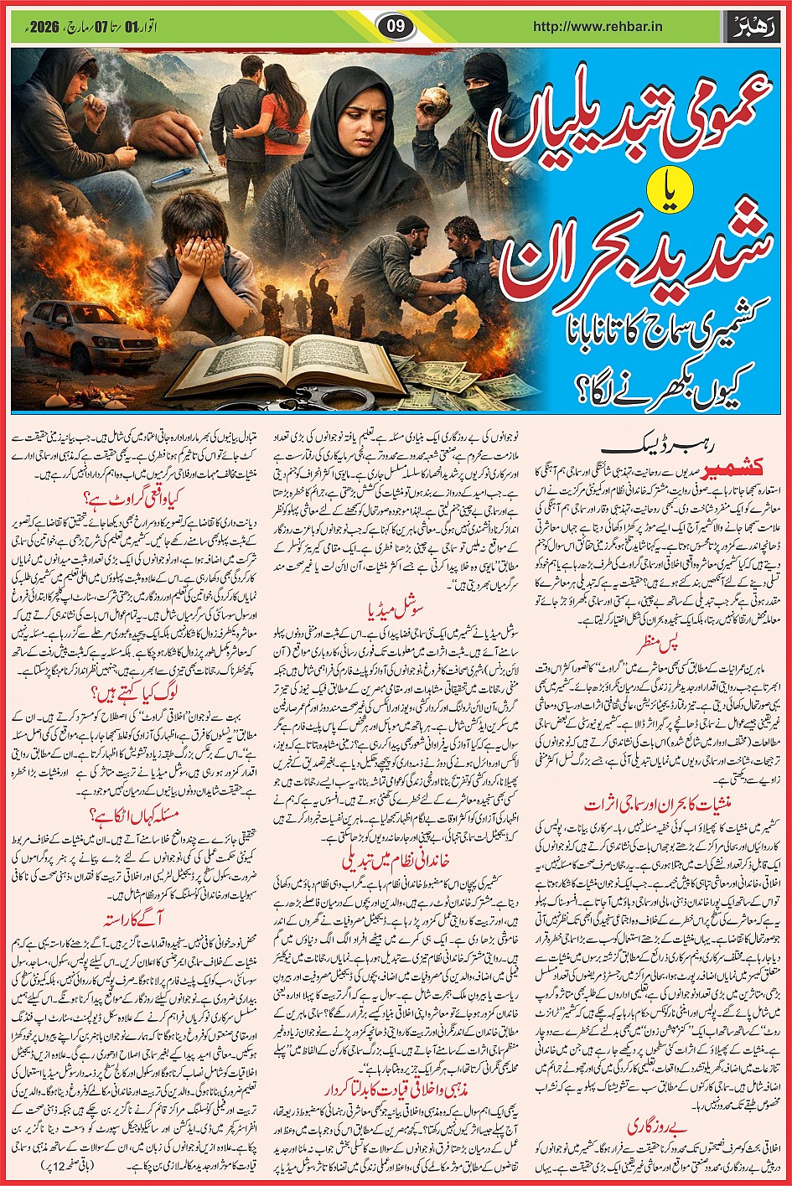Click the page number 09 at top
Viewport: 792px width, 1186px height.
tap(396, 25)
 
